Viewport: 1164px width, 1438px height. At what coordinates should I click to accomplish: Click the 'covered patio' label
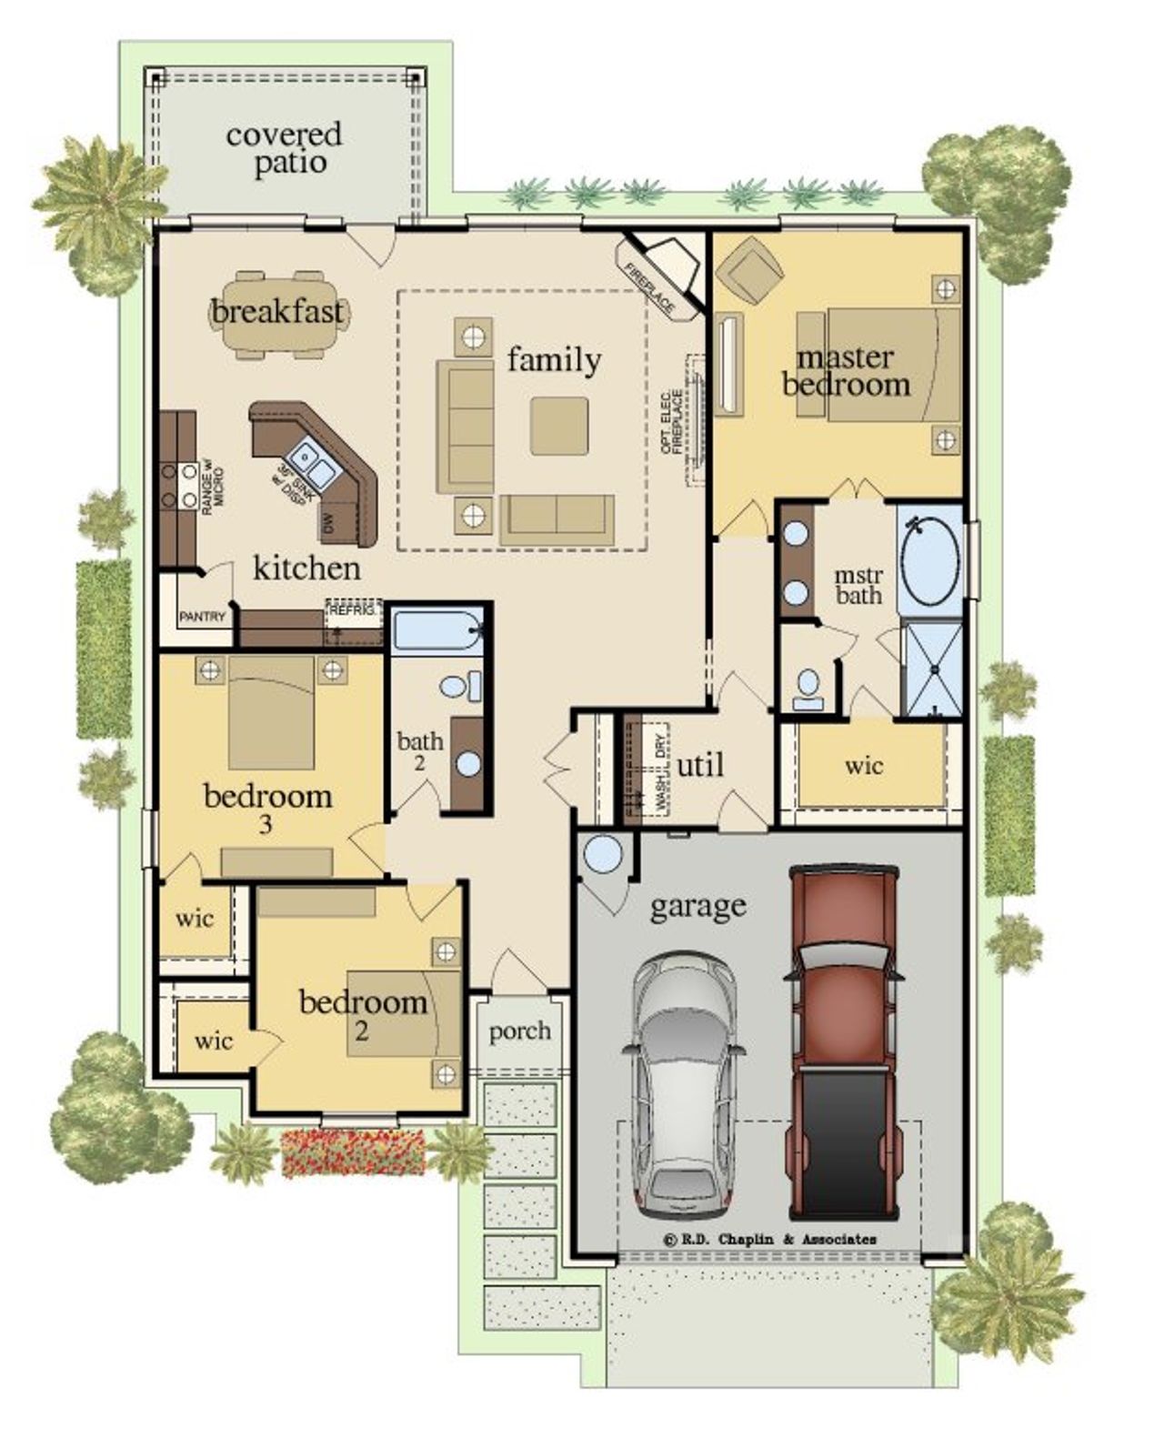pos(284,149)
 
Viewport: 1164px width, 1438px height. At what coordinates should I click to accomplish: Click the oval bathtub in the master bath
pos(929,558)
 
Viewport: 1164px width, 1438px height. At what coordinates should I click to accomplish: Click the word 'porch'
pos(519,1031)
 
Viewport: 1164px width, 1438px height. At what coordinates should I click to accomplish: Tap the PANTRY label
pos(202,617)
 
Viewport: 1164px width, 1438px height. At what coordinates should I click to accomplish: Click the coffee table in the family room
pos(558,425)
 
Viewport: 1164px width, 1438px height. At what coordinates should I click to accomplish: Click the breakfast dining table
pos(279,314)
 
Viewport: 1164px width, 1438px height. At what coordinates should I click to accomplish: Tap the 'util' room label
pos(700,766)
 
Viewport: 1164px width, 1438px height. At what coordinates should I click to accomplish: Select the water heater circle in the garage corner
pos(602,855)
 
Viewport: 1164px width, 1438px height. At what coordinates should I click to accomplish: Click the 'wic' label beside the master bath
pos(863,765)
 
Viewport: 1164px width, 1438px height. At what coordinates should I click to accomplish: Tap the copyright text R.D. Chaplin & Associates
pos(770,1239)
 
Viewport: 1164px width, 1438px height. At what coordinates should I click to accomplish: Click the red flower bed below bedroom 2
pos(353,1152)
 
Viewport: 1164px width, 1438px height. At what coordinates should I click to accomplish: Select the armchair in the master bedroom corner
pos(748,270)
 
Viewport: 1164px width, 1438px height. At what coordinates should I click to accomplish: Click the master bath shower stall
pos(931,669)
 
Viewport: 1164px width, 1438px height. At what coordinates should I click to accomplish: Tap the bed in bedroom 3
pos(271,712)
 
